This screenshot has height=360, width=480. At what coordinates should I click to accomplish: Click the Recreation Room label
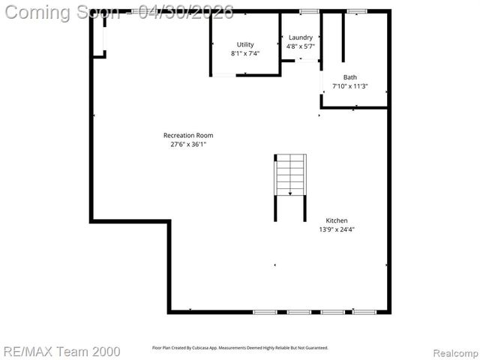[x=183, y=136]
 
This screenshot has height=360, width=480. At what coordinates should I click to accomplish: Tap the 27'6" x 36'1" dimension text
[x=183, y=145]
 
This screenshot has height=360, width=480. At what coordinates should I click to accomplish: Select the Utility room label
[x=245, y=45]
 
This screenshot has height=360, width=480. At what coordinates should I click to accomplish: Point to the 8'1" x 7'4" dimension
[x=245, y=54]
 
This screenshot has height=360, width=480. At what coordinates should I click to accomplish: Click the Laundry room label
[x=301, y=37]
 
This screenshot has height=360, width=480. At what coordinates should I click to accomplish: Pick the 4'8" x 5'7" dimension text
[x=301, y=46]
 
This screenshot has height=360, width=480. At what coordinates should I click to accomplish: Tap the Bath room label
[x=350, y=77]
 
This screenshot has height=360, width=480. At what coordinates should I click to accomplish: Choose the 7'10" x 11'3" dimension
[x=350, y=86]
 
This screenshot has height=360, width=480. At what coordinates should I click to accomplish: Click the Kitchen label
[x=337, y=220]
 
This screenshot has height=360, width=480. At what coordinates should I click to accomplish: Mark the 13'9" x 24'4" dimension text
[x=337, y=229]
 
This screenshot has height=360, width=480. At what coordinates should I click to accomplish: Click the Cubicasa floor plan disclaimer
[x=240, y=348]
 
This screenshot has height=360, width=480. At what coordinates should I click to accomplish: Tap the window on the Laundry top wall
[x=309, y=11]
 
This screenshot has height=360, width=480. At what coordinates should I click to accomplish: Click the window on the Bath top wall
[x=356, y=11]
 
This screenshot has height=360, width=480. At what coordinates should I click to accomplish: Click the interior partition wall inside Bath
[x=343, y=37]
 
